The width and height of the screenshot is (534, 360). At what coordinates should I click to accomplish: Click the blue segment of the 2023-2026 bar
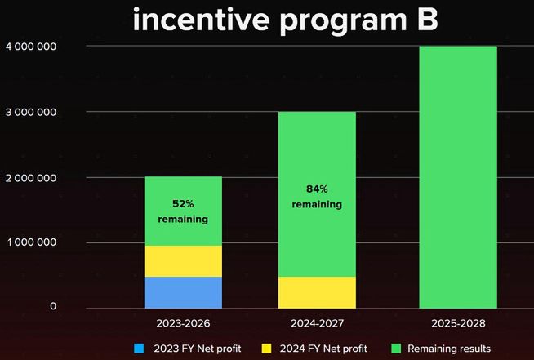click(x=183, y=292)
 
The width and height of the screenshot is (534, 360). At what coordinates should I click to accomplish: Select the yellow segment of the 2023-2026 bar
click(x=183, y=261)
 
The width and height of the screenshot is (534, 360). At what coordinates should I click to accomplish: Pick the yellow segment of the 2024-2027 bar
click(x=317, y=292)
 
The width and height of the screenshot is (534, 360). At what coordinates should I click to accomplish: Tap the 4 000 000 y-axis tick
click(x=29, y=47)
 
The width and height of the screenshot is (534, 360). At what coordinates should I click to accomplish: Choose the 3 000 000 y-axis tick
click(x=29, y=112)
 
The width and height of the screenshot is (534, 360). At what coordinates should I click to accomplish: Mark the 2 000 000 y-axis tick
click(x=29, y=177)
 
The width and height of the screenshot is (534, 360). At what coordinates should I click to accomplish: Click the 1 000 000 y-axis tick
click(x=29, y=242)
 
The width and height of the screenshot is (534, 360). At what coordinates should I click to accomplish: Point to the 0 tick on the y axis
click(x=52, y=307)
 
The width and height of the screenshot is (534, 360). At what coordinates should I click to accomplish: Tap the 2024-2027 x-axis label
click(x=316, y=324)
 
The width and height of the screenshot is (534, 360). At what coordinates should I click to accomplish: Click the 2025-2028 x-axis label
click(x=456, y=324)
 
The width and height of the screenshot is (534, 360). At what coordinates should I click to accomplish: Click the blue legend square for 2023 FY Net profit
click(x=138, y=349)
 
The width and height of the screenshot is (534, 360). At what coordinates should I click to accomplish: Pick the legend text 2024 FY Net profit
click(x=322, y=349)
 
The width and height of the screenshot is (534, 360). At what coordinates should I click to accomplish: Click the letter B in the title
click(x=425, y=20)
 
